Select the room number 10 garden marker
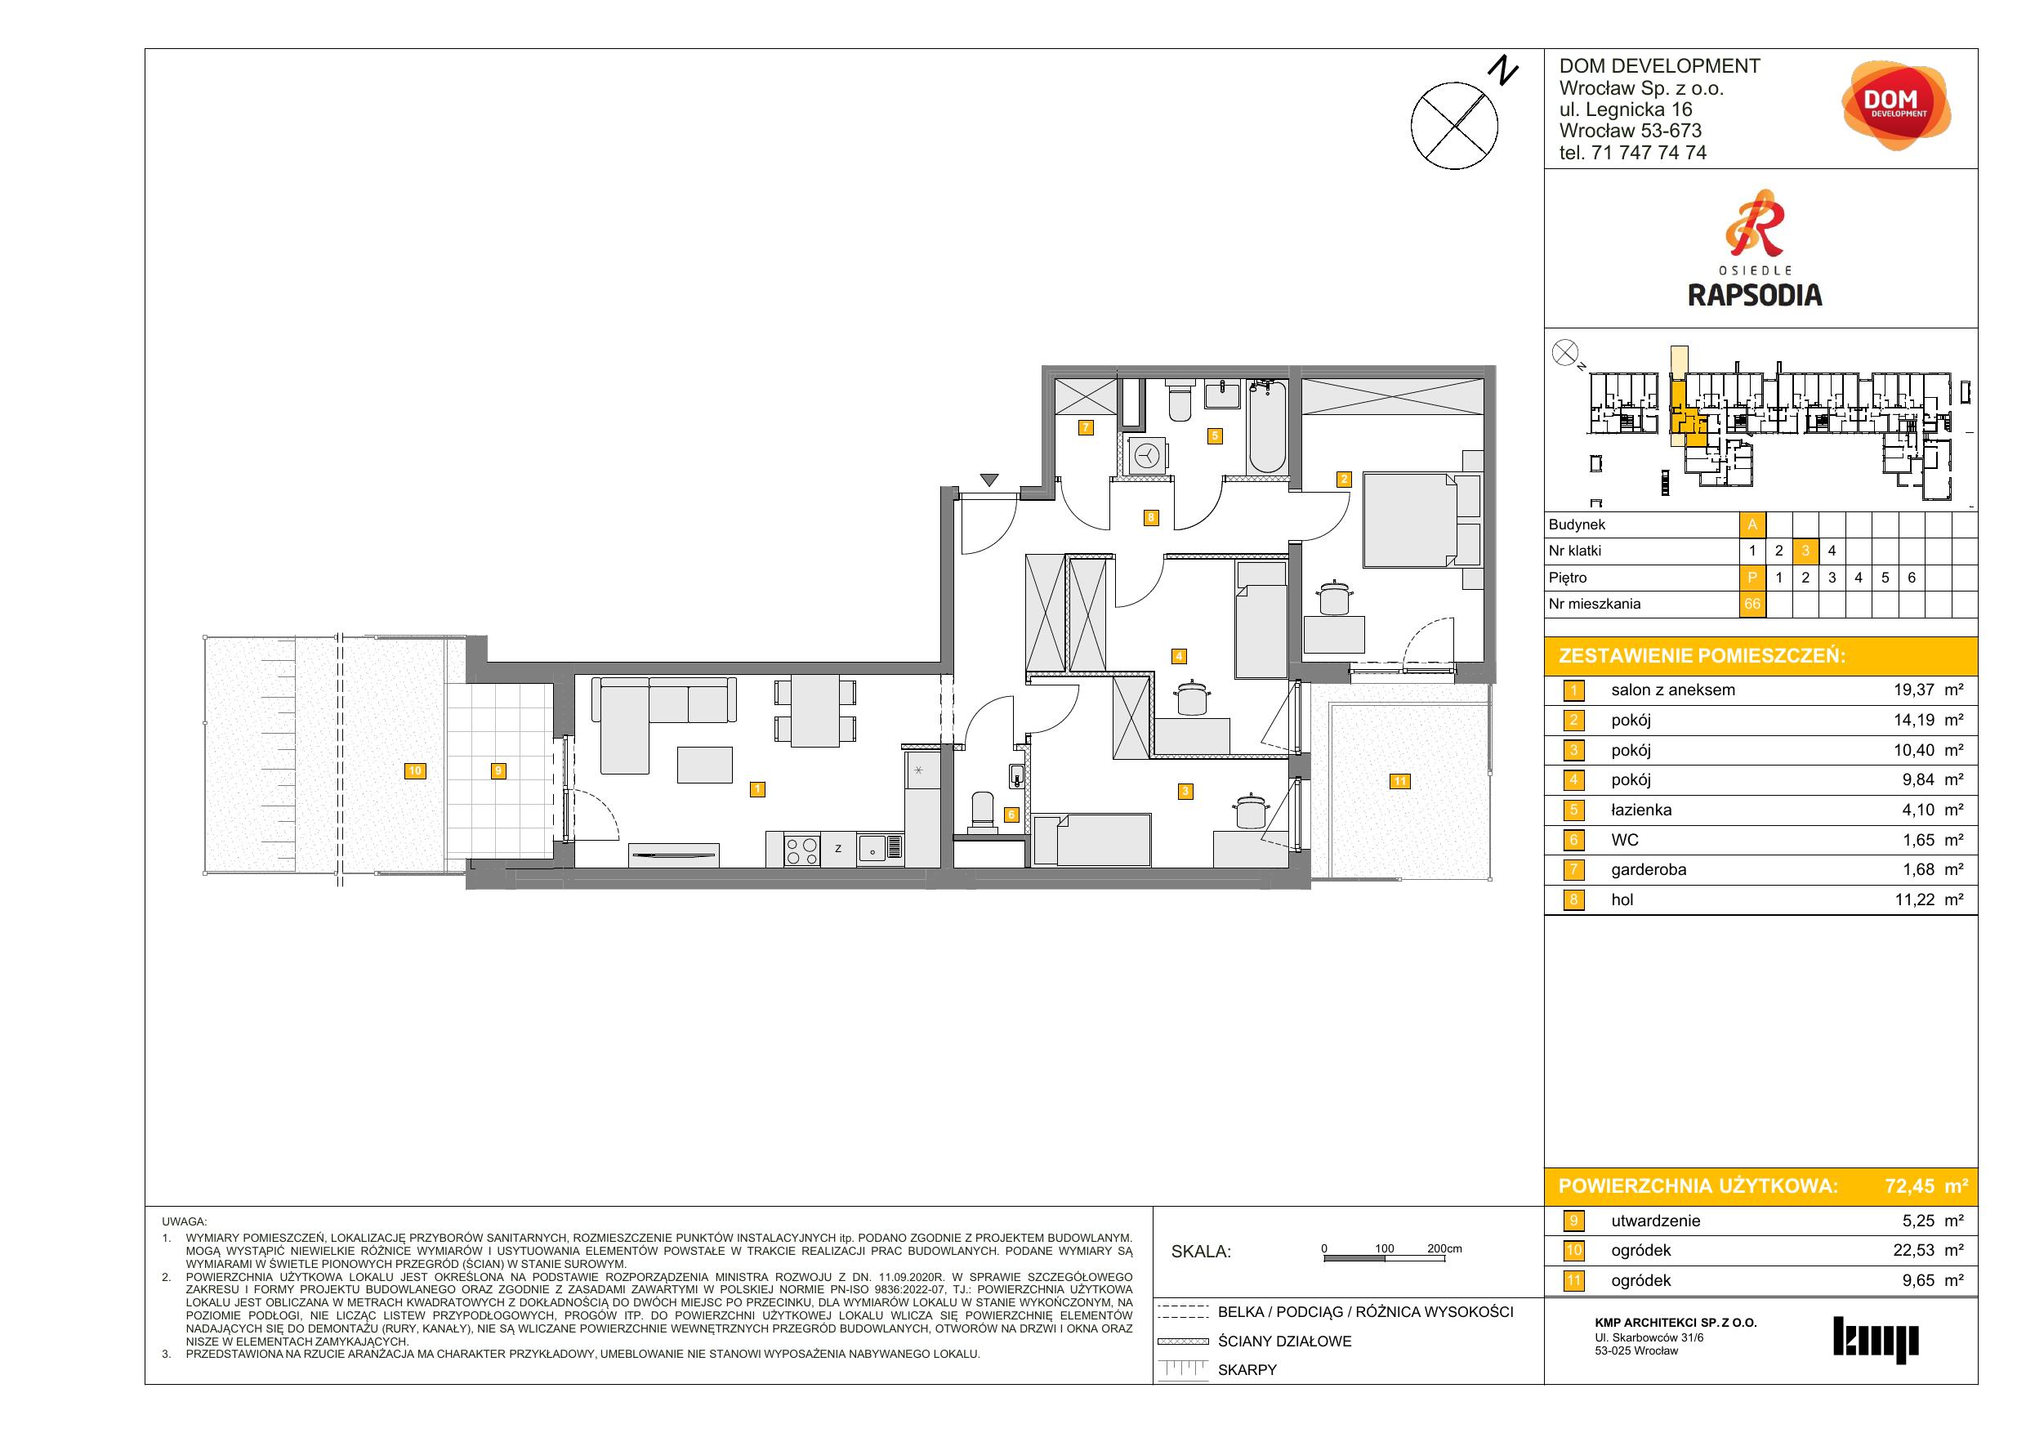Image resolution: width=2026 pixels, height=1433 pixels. [x=414, y=770]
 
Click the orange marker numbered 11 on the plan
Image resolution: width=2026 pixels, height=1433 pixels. [x=1399, y=781]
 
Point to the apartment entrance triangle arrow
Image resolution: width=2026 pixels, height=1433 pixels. [x=989, y=480]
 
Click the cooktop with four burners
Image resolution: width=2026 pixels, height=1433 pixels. [x=802, y=850]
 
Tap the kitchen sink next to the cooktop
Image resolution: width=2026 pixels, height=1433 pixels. [x=880, y=850]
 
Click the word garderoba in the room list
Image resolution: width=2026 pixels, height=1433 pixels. [x=1649, y=869]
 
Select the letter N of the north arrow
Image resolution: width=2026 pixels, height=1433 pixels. [x=1505, y=71]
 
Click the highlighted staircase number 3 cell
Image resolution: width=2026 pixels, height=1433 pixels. [x=1805, y=551]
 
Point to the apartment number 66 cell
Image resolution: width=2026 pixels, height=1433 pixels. [x=1752, y=605]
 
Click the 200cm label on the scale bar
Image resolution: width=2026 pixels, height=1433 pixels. [x=1444, y=1248]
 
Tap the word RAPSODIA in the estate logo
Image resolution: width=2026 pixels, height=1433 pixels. [x=1754, y=295]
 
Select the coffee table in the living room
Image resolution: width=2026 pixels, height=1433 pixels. [x=704, y=765]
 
